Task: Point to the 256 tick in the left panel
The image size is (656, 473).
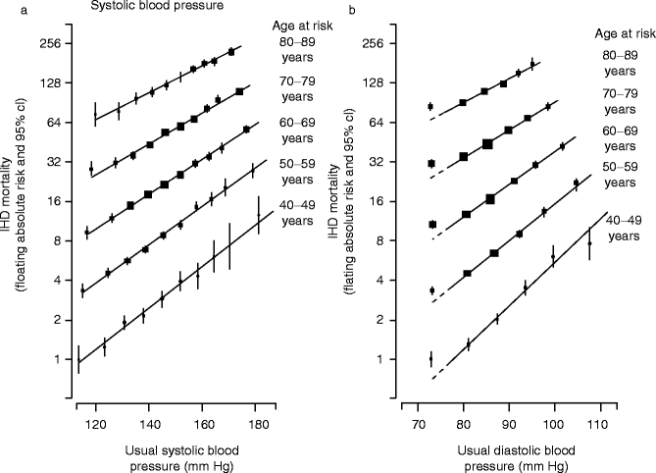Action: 50,44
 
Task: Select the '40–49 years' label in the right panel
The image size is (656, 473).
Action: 623,228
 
